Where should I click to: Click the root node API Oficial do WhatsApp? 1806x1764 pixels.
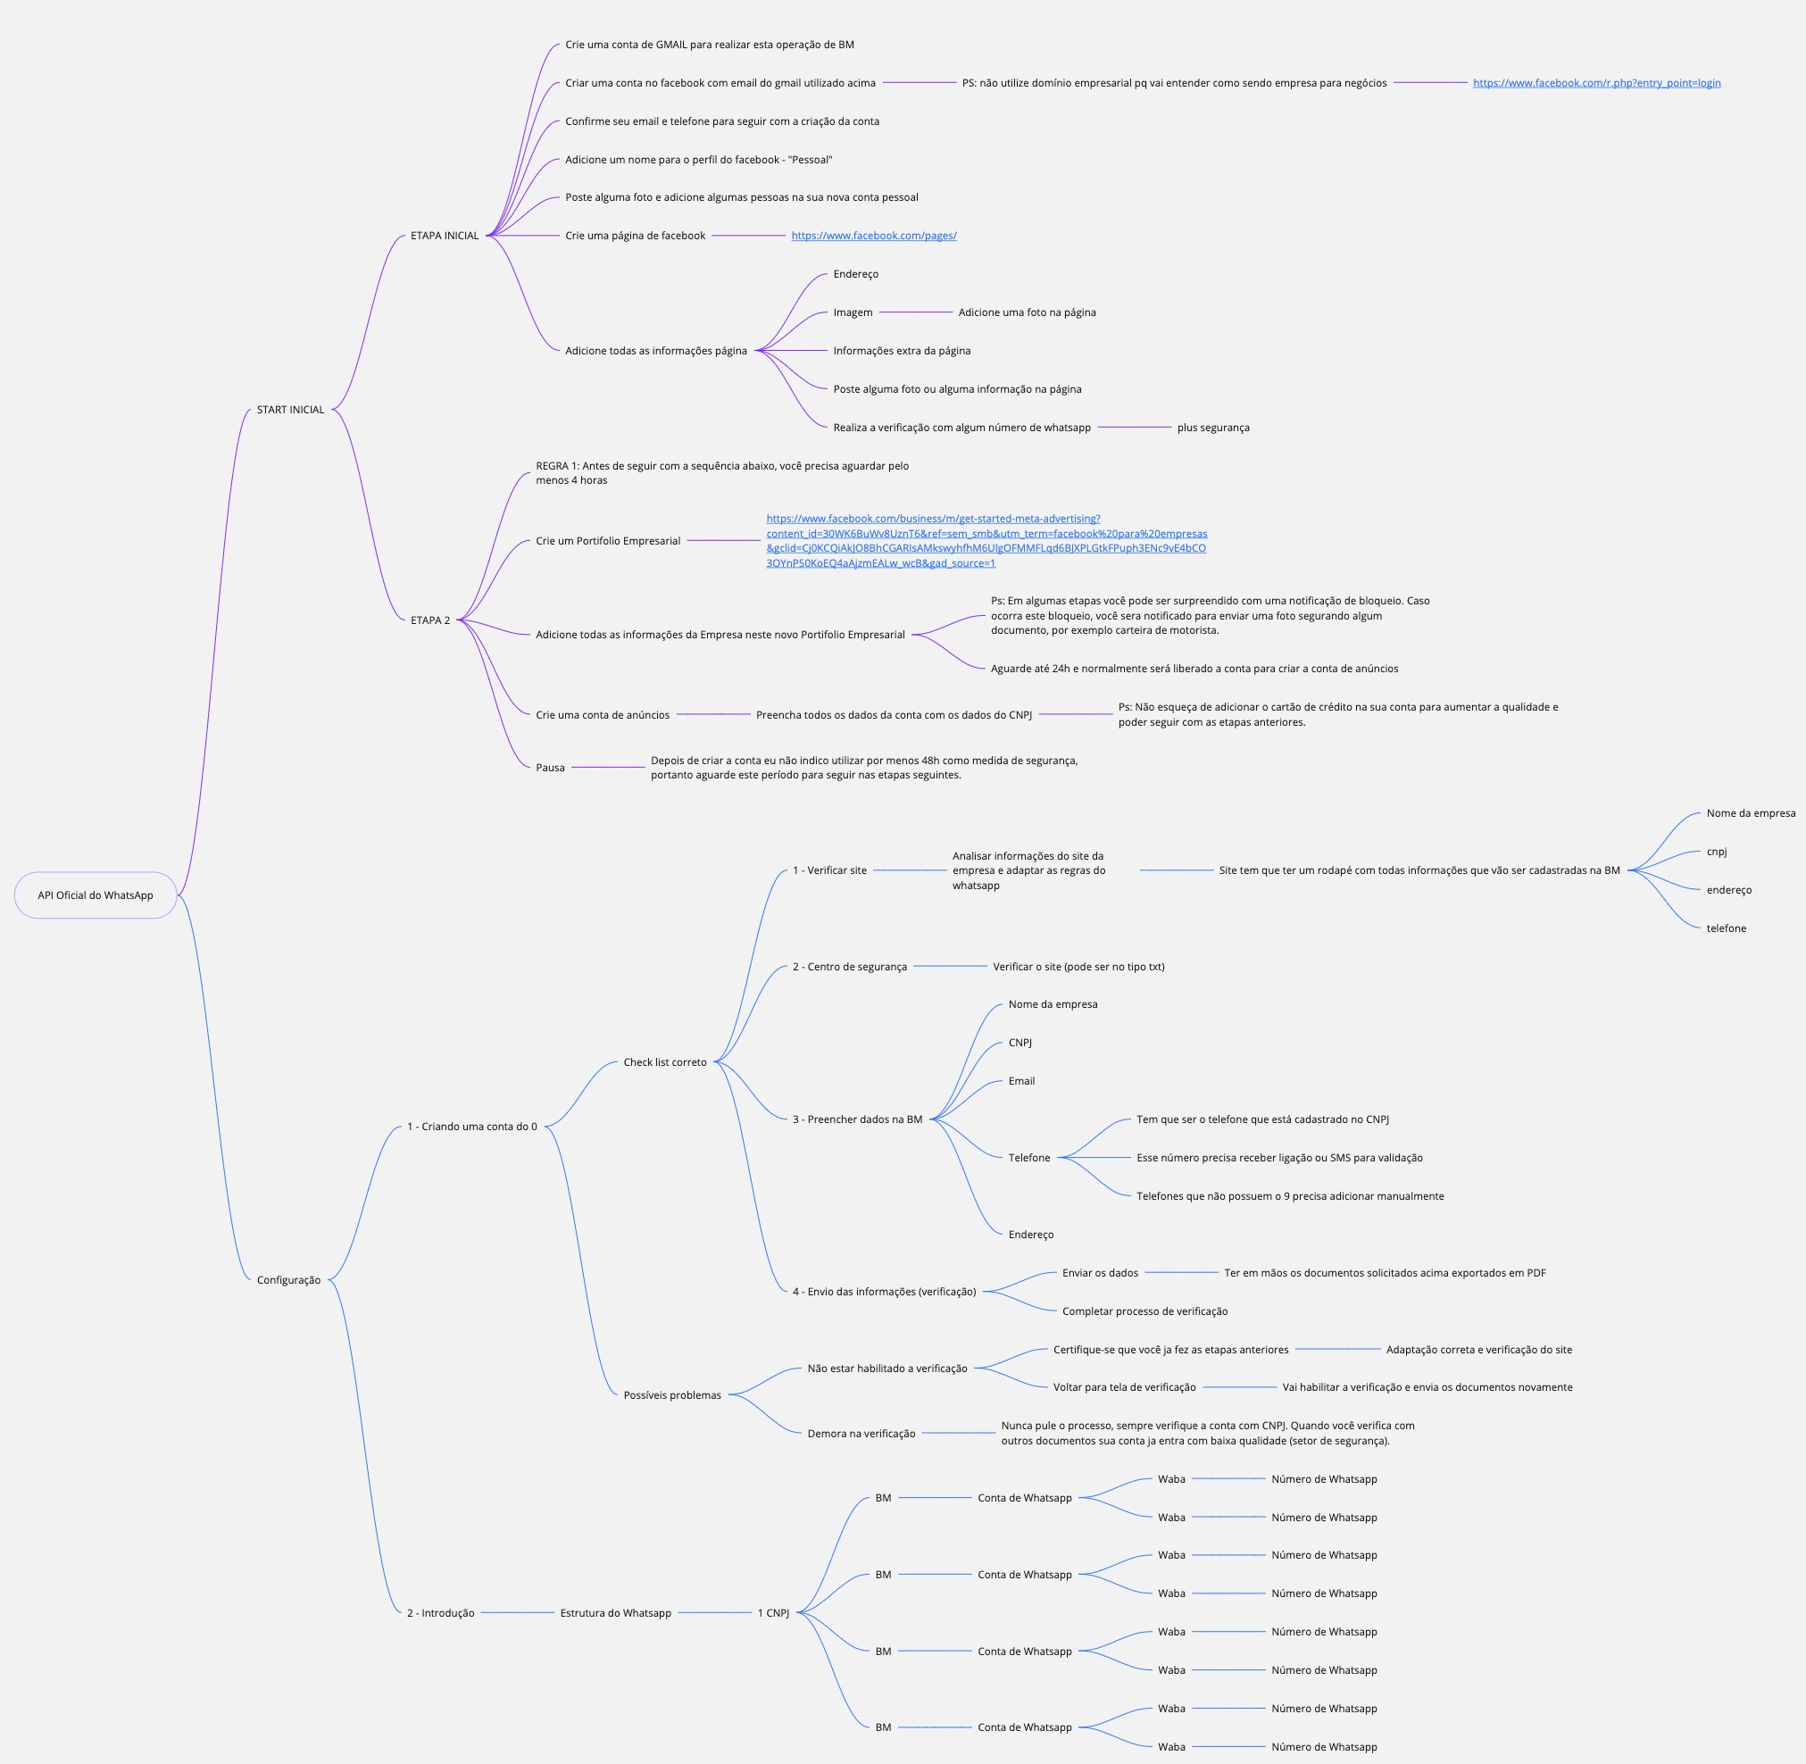[96, 895]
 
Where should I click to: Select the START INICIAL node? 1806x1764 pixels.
[290, 410]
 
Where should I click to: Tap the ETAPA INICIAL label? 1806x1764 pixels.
[445, 236]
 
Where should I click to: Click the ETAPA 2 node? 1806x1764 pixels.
[430, 620]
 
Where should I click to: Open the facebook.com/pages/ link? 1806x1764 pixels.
[873, 236]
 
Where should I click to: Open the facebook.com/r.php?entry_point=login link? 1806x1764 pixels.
[1595, 82]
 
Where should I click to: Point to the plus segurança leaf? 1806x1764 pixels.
[1212, 427]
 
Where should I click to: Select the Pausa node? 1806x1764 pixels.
[550, 767]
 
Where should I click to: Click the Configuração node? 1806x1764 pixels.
[288, 1279]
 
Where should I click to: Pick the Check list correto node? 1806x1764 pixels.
[664, 1061]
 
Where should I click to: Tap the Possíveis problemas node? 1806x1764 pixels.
[672, 1394]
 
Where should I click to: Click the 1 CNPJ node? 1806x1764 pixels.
[773, 1612]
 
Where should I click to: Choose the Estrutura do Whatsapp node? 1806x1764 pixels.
[615, 1612]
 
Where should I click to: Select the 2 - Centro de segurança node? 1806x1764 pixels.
[849, 966]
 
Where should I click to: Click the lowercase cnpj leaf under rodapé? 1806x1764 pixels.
[1716, 852]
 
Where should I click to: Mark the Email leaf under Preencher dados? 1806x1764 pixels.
[1021, 1080]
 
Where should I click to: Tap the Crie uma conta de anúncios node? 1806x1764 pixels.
[603, 714]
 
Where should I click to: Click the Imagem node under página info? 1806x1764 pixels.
[853, 312]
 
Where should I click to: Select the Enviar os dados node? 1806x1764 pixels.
[1100, 1272]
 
